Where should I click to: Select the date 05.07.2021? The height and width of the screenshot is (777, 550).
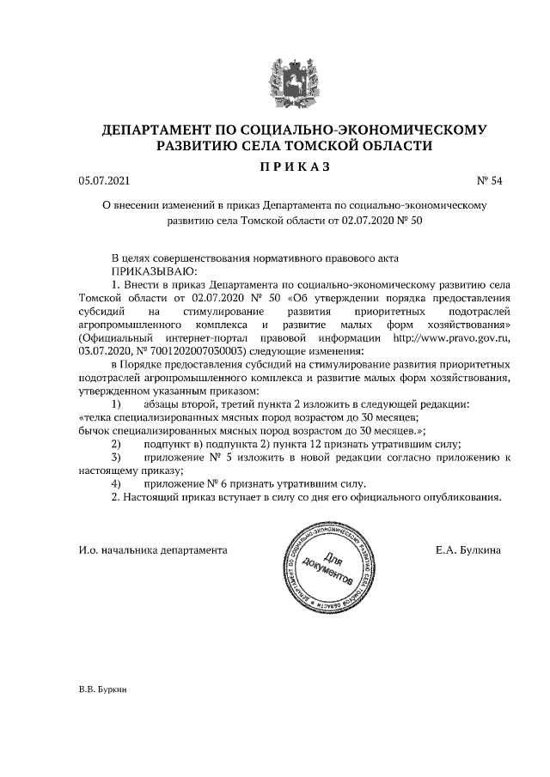101,181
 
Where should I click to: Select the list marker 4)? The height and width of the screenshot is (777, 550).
117,483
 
